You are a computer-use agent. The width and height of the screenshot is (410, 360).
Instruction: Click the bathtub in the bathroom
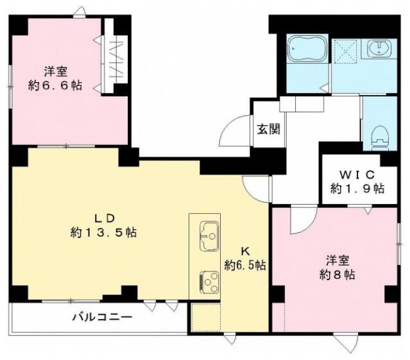pyautogui.click(x=307, y=49)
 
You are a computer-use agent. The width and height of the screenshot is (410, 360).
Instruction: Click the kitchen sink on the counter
pyautogui.click(x=209, y=236)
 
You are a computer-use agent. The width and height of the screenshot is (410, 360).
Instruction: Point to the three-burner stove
pyautogui.click(x=209, y=282)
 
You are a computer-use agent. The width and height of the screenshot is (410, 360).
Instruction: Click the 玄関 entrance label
pyautogui.click(x=269, y=129)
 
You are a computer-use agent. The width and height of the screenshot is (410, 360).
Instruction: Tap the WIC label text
pyautogui.click(x=357, y=175)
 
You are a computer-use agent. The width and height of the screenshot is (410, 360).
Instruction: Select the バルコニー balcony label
pyautogui.click(x=102, y=318)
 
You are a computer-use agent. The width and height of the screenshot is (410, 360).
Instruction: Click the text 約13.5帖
pyautogui.click(x=103, y=232)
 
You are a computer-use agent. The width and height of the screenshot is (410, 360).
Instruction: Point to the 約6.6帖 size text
pyautogui.click(x=55, y=85)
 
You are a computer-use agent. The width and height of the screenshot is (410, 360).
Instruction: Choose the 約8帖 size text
pyautogui.click(x=337, y=275)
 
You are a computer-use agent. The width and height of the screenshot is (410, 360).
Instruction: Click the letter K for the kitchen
pyautogui.click(x=245, y=252)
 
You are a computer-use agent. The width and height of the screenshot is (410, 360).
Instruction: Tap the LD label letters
pyautogui.click(x=105, y=218)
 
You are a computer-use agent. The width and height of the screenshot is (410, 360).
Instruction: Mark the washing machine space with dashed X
pyautogui.click(x=346, y=52)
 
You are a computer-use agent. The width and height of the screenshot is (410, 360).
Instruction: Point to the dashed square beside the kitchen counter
pyautogui.click(x=205, y=318)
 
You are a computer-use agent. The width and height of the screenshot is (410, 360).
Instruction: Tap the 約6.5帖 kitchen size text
pyautogui.click(x=245, y=266)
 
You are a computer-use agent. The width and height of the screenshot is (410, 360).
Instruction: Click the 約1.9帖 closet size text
pyautogui.click(x=357, y=188)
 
